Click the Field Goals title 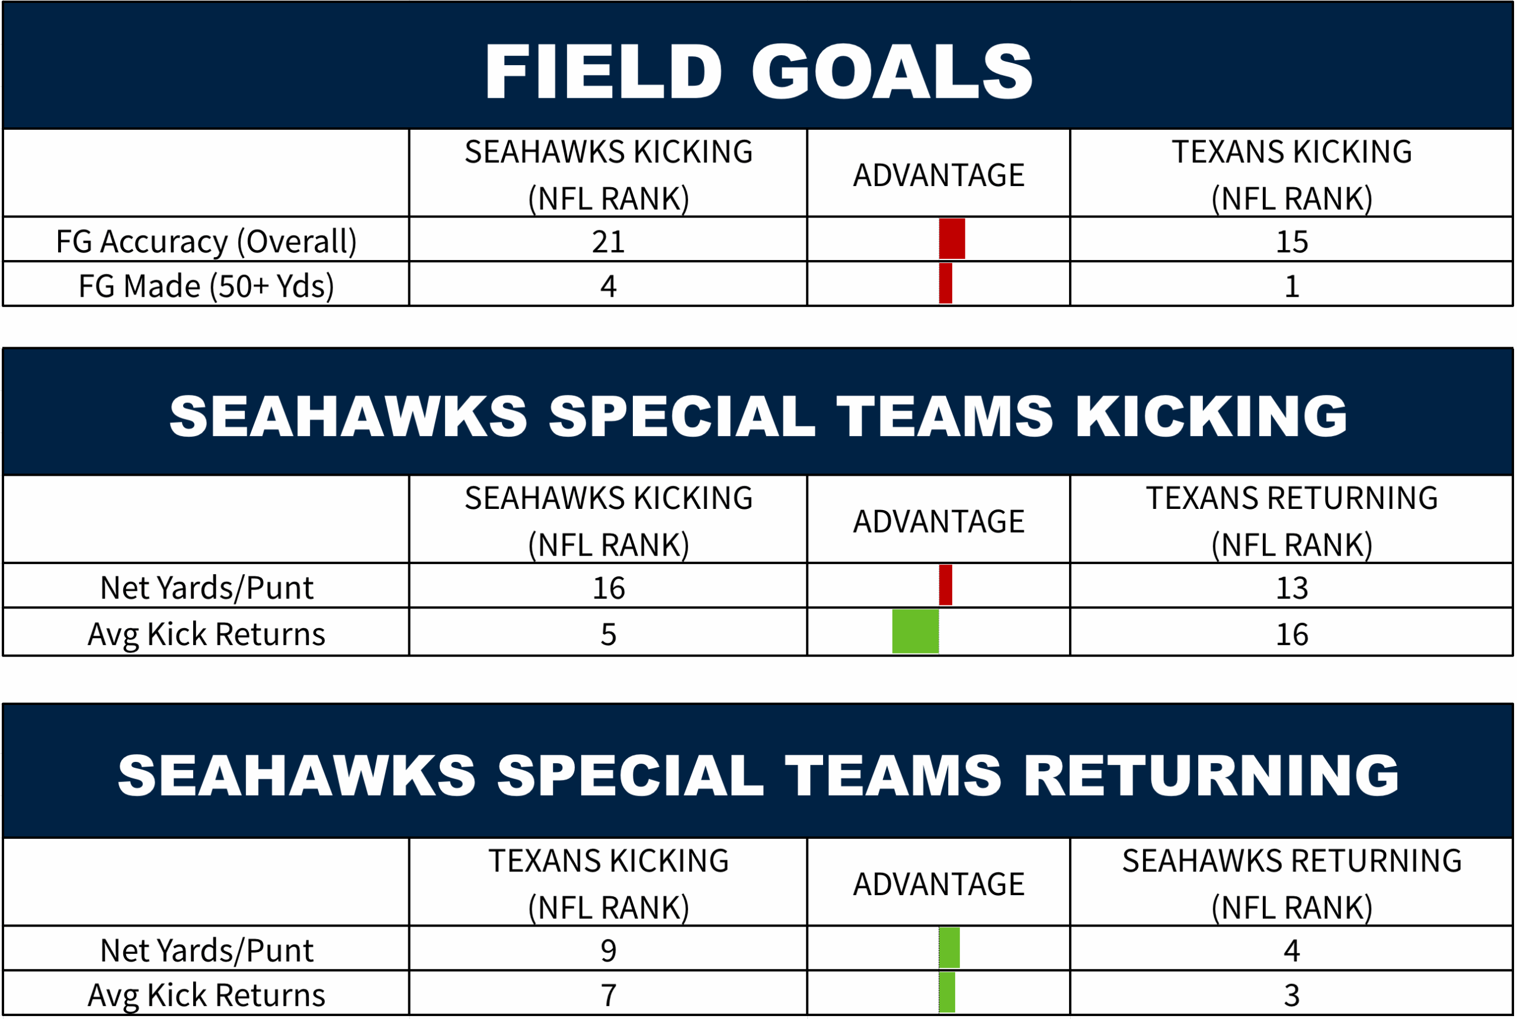[758, 72]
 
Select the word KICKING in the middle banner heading [1211, 416]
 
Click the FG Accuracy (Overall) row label [206, 242]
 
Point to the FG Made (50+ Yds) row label [206, 286]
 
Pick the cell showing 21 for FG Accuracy [609, 242]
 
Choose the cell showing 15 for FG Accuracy [1291, 242]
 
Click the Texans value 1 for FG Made [1291, 286]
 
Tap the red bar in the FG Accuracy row [952, 239]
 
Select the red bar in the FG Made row [946, 283]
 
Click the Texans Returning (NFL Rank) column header [1291, 521]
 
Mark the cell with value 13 [1291, 588]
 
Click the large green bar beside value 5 [915, 632]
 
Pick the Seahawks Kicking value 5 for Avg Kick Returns [609, 635]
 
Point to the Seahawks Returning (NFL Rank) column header [1291, 884]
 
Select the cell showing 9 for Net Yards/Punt [609, 951]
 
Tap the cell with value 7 [609, 995]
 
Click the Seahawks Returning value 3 [1291, 995]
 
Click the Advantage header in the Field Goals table [939, 175]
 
